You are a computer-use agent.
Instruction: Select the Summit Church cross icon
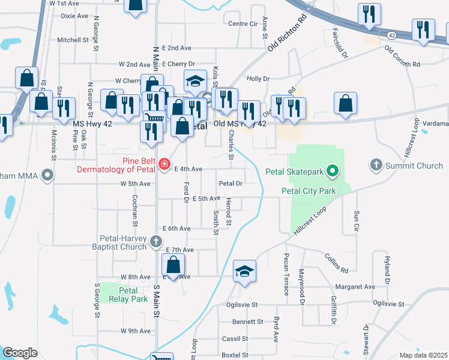[376, 165]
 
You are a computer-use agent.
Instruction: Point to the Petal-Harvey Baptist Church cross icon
[155, 242]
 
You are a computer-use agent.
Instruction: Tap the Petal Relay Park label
[124, 294]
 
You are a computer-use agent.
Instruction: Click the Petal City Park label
[309, 191]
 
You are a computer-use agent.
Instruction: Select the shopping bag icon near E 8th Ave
[173, 265]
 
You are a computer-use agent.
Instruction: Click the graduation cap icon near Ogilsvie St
[244, 271]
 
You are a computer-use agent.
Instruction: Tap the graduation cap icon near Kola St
[195, 80]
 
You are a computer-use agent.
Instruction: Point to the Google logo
[20, 353]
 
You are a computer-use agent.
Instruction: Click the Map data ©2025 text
[423, 355]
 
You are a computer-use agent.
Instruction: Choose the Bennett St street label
[248, 322]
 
